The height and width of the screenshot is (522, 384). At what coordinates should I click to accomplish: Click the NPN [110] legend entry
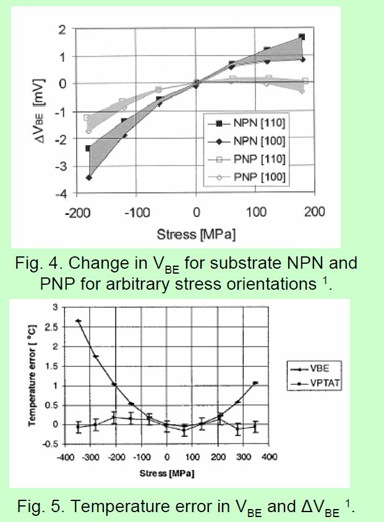point(247,123)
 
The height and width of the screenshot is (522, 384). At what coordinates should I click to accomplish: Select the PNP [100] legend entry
point(247,177)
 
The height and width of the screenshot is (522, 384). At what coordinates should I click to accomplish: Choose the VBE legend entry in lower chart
point(310,369)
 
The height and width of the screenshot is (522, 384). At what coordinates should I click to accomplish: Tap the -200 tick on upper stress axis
point(78,212)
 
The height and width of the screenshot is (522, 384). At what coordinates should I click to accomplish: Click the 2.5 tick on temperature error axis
point(52,327)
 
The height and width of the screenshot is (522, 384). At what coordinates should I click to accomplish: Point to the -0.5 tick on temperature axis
point(50,444)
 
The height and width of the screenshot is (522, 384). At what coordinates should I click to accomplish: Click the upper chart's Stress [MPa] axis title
point(197,234)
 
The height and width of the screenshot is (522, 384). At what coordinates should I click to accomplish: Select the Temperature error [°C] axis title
point(32,375)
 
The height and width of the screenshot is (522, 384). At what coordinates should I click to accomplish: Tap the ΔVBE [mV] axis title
point(40,111)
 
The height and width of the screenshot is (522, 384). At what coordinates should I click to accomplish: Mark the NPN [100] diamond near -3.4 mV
point(88,177)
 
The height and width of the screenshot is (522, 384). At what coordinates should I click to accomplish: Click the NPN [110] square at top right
point(302,36)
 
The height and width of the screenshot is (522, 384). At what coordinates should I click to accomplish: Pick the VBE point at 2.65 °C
point(79,321)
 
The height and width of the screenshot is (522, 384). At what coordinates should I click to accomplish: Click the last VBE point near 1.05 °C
point(255,383)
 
